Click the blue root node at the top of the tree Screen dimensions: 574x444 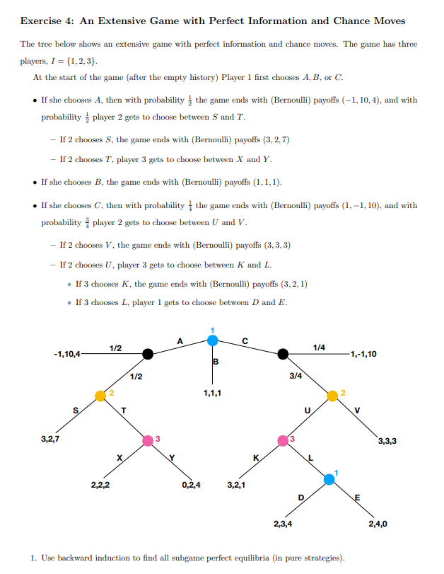pyautogui.click(x=213, y=341)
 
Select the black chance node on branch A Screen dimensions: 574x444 pyautogui.click(x=147, y=354)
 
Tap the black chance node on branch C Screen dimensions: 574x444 pyautogui.click(x=283, y=354)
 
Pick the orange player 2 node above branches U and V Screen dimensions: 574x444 pyautogui.click(x=332, y=395)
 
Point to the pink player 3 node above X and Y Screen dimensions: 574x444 pyautogui.click(x=148, y=440)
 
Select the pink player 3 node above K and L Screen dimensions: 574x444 pyautogui.click(x=284, y=440)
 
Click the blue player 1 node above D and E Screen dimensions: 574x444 pyautogui.click(x=329, y=479)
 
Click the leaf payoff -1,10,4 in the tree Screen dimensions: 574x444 pyautogui.click(x=67, y=353)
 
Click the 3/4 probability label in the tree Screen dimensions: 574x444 pyautogui.click(x=296, y=376)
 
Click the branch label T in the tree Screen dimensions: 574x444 pyautogui.click(x=124, y=411)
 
